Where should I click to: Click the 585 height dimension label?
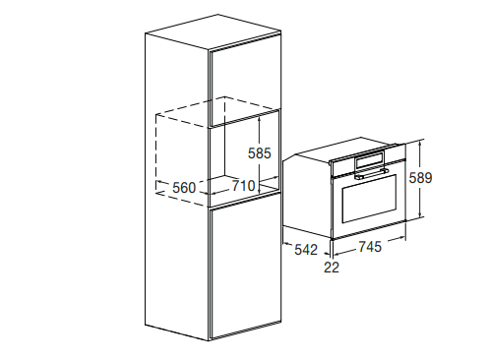(x=260, y=153)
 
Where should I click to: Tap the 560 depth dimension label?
(x=184, y=188)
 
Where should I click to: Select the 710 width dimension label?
(x=244, y=186)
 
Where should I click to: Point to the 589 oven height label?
(x=420, y=178)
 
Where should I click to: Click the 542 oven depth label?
(x=306, y=250)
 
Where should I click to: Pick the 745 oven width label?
(x=370, y=247)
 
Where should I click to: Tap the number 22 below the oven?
(x=332, y=268)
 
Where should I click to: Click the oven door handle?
(x=371, y=174)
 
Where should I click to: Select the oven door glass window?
(x=369, y=199)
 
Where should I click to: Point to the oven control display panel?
(x=370, y=160)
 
